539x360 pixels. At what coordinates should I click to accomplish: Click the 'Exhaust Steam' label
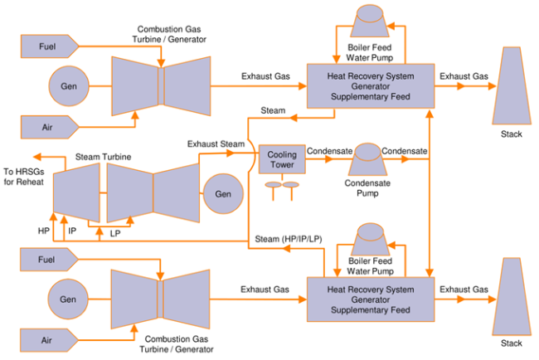[216, 144]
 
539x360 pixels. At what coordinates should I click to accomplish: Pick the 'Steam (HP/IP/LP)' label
[284, 240]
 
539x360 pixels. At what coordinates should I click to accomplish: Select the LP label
[115, 234]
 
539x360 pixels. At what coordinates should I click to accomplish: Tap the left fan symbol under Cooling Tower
[271, 186]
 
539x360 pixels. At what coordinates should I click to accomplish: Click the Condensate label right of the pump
[405, 151]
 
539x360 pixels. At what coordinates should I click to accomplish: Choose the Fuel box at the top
[48, 45]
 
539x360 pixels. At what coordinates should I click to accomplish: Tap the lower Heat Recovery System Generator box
[370, 299]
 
